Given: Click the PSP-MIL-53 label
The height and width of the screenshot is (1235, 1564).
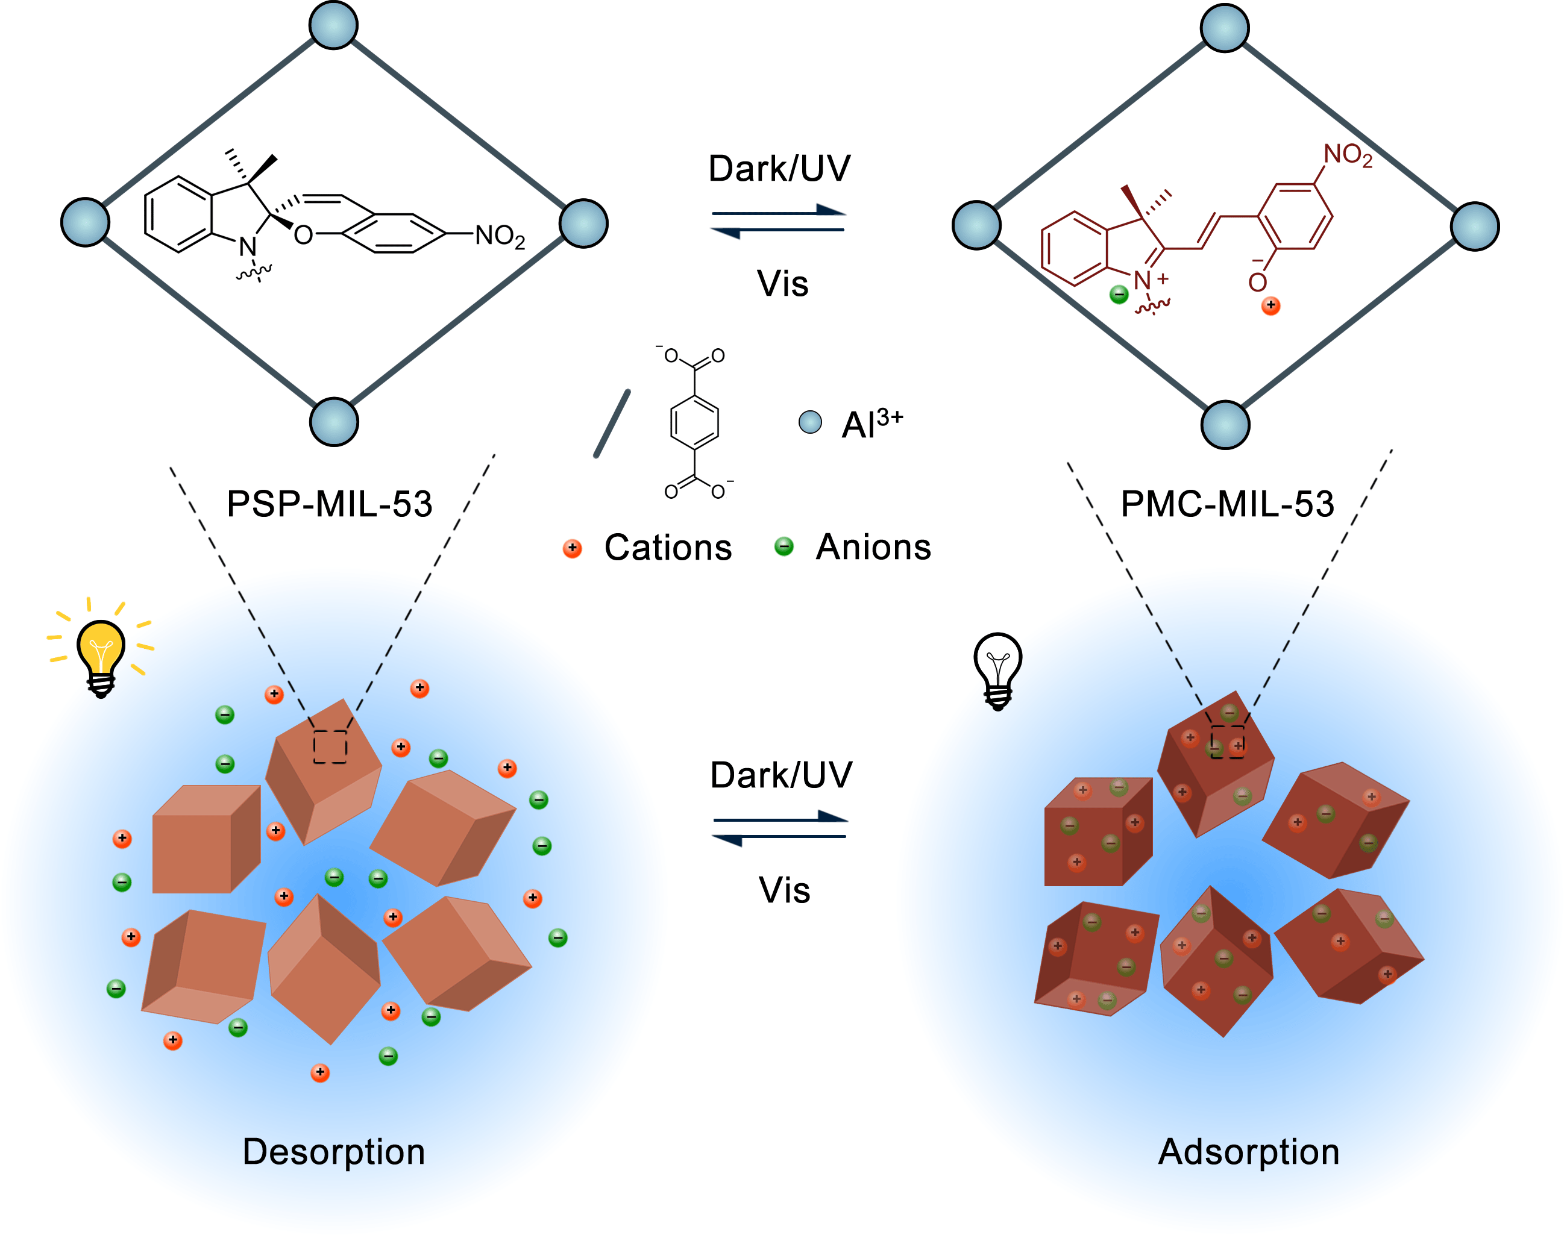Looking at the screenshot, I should (x=329, y=504).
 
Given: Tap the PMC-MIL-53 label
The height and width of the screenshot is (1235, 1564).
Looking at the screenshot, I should (x=1227, y=504).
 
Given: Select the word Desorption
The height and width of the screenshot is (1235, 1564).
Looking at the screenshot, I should (x=333, y=1151).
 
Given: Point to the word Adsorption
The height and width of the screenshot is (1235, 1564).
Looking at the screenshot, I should (x=1249, y=1151).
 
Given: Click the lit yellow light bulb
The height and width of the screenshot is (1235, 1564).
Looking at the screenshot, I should (x=101, y=654).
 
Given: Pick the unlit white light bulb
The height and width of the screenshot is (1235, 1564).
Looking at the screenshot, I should (x=997, y=669).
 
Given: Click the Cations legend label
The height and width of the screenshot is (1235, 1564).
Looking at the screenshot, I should (x=668, y=548).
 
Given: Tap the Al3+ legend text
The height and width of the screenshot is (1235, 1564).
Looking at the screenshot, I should (x=872, y=423).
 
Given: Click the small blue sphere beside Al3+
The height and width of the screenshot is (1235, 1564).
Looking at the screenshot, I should (x=809, y=422).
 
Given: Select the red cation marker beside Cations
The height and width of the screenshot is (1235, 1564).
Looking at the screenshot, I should (x=572, y=548).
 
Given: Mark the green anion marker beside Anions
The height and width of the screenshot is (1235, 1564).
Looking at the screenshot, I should (x=784, y=546).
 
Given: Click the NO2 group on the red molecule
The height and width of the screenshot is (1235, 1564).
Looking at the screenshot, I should (x=1347, y=155).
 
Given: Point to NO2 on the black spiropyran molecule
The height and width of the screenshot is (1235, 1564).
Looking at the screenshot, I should (x=499, y=236).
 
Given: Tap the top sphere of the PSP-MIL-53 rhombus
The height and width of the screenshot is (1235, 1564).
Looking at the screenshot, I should (x=333, y=25).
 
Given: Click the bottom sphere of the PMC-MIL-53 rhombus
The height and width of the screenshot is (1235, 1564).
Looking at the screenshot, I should (x=1225, y=425).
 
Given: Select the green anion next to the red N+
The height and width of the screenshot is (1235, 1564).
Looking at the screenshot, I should (x=1119, y=294).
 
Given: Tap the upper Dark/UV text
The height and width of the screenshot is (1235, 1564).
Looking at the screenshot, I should (x=779, y=169).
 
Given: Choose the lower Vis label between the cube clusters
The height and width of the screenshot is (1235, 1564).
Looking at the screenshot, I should (x=784, y=889).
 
